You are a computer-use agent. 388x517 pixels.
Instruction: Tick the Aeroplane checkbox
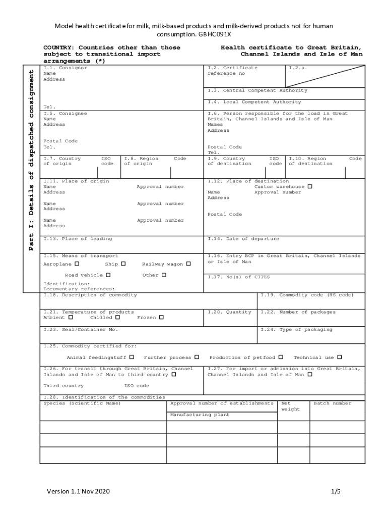77,264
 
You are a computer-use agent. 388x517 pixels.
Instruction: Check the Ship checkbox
123,264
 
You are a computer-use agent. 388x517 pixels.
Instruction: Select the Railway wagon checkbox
188,264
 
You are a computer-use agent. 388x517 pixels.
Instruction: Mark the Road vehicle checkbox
108,275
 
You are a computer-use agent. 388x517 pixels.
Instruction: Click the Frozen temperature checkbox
161,318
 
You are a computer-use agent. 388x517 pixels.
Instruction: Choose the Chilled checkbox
117,318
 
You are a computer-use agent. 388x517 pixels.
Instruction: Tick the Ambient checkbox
71,318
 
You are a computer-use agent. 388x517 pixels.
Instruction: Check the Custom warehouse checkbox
310,186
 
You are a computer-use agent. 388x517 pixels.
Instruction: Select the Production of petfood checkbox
281,357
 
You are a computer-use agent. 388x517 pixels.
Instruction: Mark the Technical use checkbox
340,357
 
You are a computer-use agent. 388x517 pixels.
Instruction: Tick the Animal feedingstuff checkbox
132,357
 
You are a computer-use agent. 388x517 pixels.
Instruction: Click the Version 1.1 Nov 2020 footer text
78,491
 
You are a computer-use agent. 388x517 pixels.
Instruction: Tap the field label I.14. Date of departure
243,239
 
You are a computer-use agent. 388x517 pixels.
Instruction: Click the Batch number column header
333,403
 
